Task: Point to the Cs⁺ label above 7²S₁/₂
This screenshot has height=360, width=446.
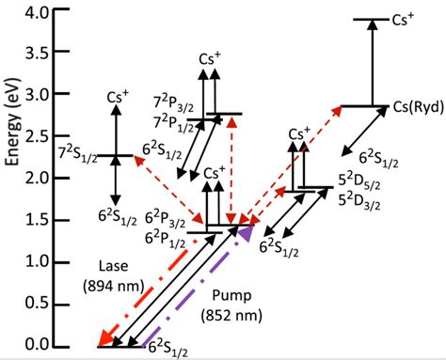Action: click(117, 98)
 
